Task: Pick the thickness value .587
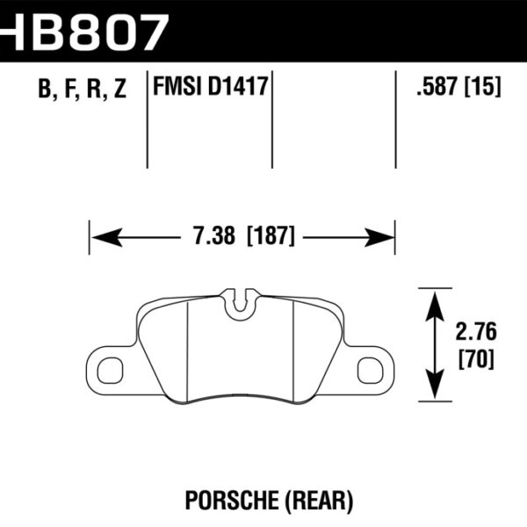point(437,88)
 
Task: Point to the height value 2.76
point(475,334)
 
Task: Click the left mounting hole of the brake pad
point(110,370)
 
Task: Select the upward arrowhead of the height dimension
point(433,303)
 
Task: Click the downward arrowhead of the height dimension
point(433,386)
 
